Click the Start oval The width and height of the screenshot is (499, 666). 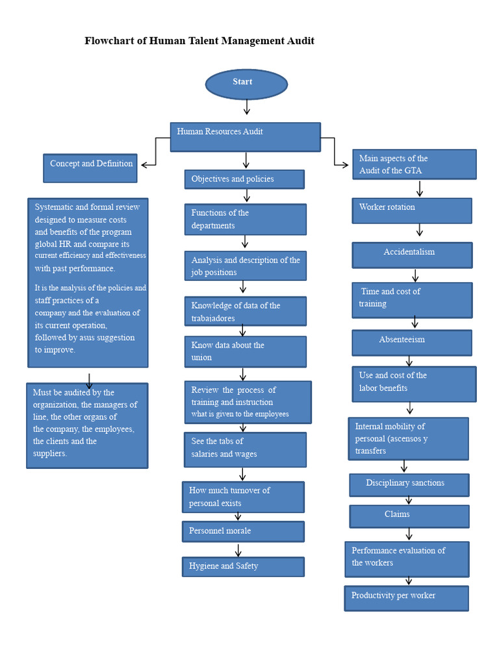click(x=246, y=85)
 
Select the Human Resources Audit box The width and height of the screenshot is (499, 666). click(x=245, y=137)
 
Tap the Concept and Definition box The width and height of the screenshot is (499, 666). click(x=90, y=168)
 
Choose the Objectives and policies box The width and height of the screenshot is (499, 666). click(x=244, y=180)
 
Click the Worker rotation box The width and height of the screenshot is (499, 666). click(x=412, y=211)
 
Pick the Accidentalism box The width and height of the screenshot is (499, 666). click(x=412, y=255)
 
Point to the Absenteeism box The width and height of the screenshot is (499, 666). click(x=412, y=343)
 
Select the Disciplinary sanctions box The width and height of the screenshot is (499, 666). click(x=409, y=485)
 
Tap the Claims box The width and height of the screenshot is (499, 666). click(x=409, y=516)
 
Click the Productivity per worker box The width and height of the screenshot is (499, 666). click(x=406, y=598)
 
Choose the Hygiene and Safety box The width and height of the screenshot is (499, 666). click(x=243, y=566)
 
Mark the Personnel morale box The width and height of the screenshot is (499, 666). click(x=243, y=531)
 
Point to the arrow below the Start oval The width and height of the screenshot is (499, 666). click(x=247, y=107)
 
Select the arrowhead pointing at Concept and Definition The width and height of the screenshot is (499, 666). click(x=144, y=165)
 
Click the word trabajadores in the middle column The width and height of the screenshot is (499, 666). click(x=213, y=318)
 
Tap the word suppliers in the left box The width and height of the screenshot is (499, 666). click(x=49, y=453)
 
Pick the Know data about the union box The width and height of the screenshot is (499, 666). click(x=245, y=351)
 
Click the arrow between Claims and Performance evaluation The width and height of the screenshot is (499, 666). click(x=409, y=534)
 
